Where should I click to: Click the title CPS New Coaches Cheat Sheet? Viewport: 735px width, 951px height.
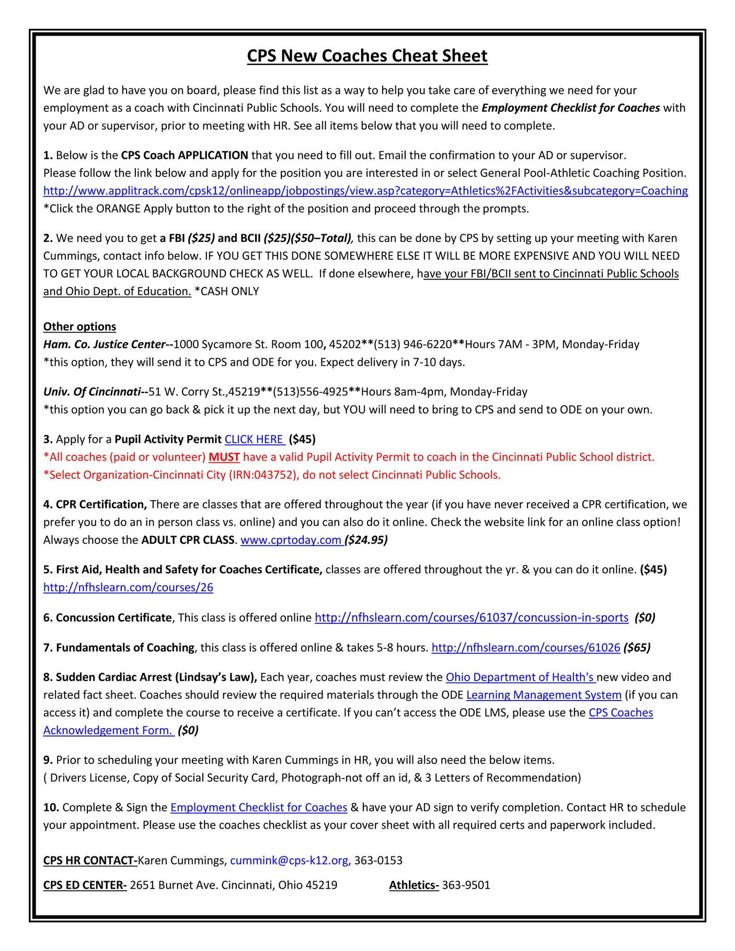point(367,56)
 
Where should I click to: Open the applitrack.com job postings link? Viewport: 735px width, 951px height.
point(365,191)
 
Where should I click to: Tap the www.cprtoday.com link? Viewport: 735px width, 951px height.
point(291,540)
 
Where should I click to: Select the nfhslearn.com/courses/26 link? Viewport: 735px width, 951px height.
point(128,588)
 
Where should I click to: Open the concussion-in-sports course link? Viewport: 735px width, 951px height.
point(471,618)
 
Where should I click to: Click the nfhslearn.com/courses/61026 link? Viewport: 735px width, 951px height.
point(525,648)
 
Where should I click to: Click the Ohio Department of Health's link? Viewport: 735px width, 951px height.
point(520,678)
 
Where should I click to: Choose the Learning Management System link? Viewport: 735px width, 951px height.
point(544,695)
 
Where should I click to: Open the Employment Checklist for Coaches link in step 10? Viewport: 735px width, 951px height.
point(259,808)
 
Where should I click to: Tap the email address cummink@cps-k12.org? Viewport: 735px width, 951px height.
point(289,861)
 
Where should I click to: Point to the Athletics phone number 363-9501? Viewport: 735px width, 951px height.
point(466,885)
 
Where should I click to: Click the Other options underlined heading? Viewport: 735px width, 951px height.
point(79,327)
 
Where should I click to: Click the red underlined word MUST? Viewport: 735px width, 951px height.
point(224,457)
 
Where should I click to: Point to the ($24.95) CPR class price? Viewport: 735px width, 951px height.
point(366,540)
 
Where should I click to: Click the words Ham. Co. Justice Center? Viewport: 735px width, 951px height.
point(105,345)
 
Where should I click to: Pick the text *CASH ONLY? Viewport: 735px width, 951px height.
point(227,292)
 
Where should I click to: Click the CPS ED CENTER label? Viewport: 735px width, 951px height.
point(85,885)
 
